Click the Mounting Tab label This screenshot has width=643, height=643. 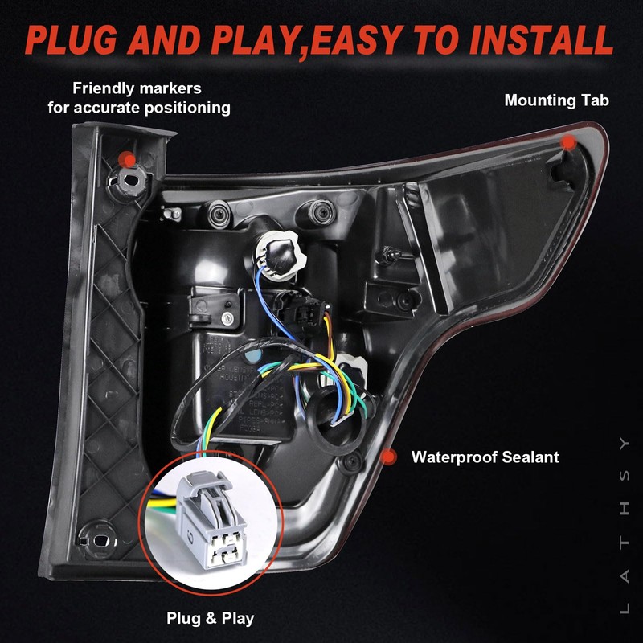[x=556, y=100]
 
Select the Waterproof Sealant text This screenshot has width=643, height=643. [x=485, y=457]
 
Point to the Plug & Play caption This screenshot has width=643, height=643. [x=211, y=618]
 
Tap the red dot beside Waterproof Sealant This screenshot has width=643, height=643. [x=389, y=457]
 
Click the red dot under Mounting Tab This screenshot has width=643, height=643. [x=569, y=142]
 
